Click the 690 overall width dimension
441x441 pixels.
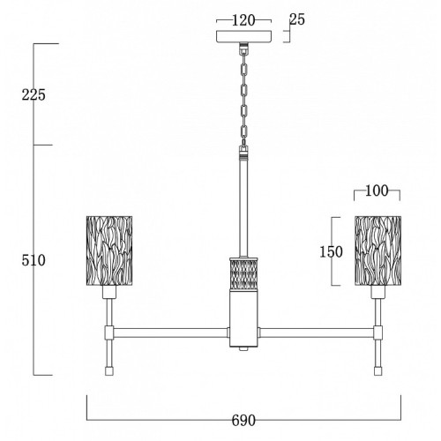click(243, 421)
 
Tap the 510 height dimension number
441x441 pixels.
click(34, 260)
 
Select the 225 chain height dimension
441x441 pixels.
click(34, 94)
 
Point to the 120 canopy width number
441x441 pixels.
click(243, 20)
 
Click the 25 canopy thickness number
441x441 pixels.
click(297, 19)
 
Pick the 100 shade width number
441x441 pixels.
click(377, 191)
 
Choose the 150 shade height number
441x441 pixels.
click(331, 252)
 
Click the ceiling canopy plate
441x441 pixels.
click(243, 36)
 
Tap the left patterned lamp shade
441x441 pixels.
click(109, 250)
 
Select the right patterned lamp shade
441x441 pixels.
click(378, 250)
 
